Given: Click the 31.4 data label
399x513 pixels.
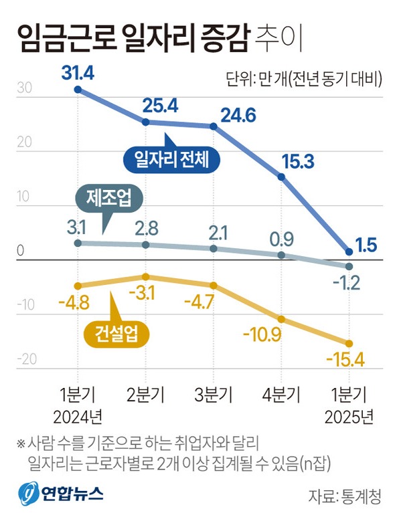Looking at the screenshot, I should [x=78, y=70].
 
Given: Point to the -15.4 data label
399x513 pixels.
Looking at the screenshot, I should [x=345, y=361].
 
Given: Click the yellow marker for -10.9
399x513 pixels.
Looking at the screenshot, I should [x=281, y=319].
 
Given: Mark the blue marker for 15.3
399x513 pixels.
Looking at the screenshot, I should [x=281, y=177].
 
